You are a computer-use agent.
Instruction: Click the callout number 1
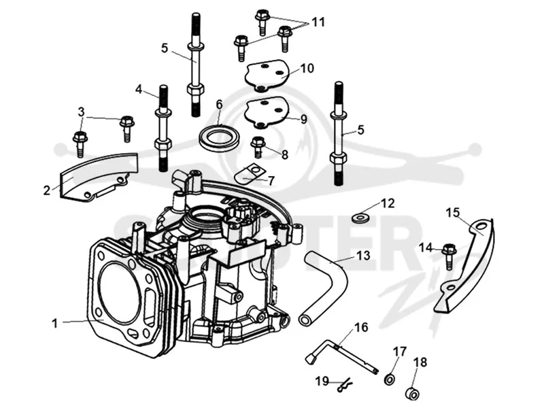[54, 324]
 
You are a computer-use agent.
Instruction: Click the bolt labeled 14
[449, 256]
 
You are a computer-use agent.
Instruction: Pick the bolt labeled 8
[258, 146]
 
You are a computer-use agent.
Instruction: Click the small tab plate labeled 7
[248, 175]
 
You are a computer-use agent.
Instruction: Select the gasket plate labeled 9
[267, 113]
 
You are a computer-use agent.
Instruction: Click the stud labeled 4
[162, 128]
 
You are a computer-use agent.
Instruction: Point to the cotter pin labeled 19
[344, 384]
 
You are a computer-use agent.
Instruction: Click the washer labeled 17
[390, 379]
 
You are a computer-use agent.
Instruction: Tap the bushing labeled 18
[413, 393]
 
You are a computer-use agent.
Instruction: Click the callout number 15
[452, 212]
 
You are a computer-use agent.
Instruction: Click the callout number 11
[318, 22]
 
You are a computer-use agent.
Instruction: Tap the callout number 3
[81, 112]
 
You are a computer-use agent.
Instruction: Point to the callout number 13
[363, 256]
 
